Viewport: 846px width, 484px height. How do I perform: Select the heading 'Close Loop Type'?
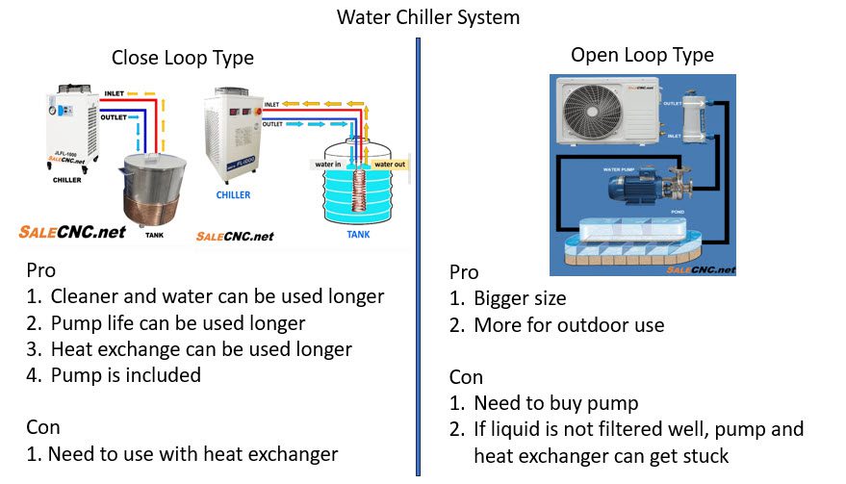point(183,58)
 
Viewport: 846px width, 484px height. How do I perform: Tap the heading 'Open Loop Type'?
point(642,55)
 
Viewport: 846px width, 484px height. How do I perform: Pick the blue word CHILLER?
point(233,195)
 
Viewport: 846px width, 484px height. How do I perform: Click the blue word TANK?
point(357,234)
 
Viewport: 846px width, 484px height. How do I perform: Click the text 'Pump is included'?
point(126,374)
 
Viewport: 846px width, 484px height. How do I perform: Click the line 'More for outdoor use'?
point(569,324)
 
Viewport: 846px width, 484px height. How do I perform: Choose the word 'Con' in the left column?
point(43,426)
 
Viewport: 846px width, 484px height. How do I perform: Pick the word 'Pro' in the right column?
point(464,272)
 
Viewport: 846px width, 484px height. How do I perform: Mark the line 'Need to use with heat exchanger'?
point(192,453)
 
